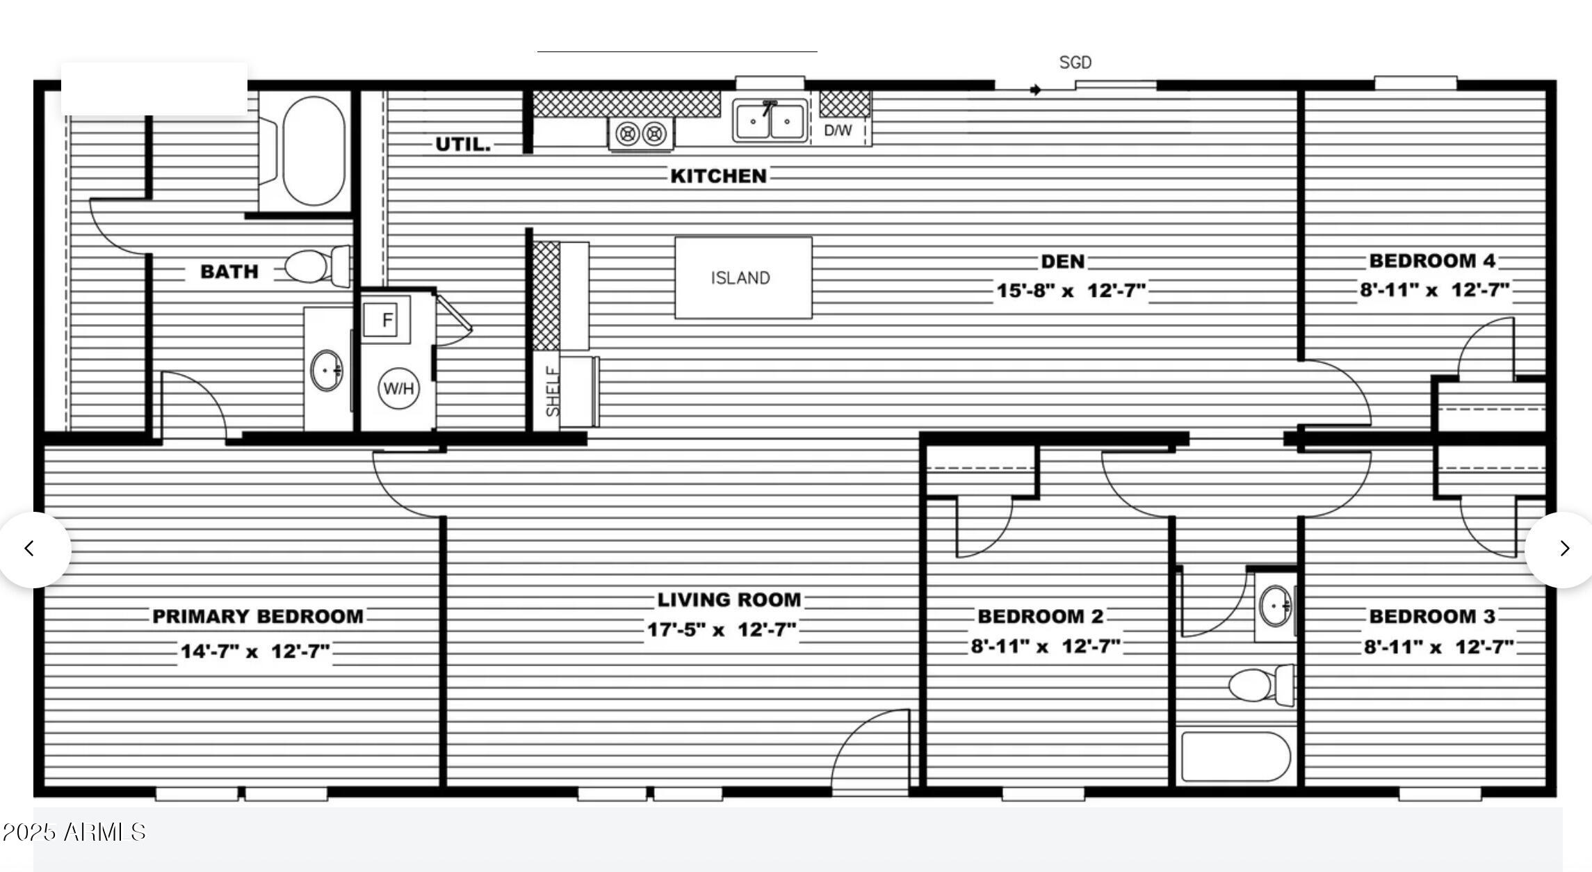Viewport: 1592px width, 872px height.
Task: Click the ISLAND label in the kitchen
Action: [740, 278]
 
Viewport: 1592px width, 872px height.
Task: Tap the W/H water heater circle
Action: [398, 388]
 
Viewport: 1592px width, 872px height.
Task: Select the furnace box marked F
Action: [387, 320]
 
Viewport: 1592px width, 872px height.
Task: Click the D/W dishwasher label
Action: [838, 130]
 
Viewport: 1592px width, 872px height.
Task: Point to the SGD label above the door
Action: [1075, 63]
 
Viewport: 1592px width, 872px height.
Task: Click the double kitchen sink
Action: [770, 121]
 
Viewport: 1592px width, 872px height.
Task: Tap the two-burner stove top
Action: [640, 133]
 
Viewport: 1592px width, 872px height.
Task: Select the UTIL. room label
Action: [463, 145]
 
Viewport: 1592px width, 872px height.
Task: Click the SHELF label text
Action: [553, 391]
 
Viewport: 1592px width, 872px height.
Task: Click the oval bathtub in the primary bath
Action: [314, 151]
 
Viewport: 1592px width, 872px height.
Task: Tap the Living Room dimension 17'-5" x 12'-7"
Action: [722, 630]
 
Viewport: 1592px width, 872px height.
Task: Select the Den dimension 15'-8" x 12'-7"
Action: [1071, 291]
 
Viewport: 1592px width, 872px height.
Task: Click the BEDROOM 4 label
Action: [1432, 261]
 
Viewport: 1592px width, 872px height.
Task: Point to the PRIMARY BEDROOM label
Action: [258, 617]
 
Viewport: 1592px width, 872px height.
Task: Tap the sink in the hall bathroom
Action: [1276, 606]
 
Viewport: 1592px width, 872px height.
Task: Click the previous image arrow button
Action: [29, 549]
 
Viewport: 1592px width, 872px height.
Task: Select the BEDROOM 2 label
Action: [1041, 616]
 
